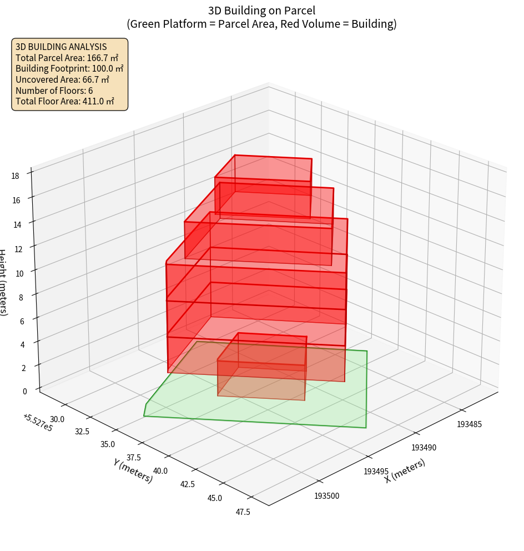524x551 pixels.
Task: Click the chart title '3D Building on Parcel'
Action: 261,10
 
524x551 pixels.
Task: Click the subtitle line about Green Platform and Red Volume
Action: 261,24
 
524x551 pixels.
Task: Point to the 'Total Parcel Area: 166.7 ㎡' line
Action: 67,58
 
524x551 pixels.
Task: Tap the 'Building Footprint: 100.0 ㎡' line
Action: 69,68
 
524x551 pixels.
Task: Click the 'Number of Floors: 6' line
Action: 54,90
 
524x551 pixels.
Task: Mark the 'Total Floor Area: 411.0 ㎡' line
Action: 65,101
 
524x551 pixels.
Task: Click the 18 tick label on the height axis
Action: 15,176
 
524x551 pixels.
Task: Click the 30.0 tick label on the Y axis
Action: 57,419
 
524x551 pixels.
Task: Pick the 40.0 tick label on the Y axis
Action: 161,471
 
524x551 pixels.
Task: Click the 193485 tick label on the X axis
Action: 469,424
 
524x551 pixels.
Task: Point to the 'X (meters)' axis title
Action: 405,470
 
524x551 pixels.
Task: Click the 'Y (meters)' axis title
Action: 133,470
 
